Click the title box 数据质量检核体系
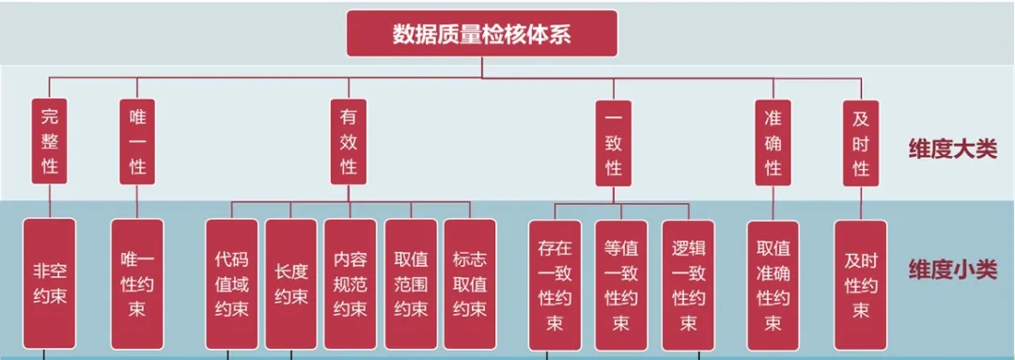pos(482,34)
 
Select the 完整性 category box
pos(50,142)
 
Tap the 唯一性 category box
pos(137,142)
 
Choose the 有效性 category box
pos(349,142)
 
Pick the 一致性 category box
pos(614,142)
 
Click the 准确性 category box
pos(773,142)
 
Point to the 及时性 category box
pos(860,142)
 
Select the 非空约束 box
pos(50,283)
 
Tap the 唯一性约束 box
pos(137,283)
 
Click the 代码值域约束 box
pos(231,283)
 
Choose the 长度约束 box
pos(290,283)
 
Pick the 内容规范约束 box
pos(350,283)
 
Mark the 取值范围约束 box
pos(410,283)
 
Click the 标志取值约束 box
pos(469,283)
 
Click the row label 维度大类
pos(951,149)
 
